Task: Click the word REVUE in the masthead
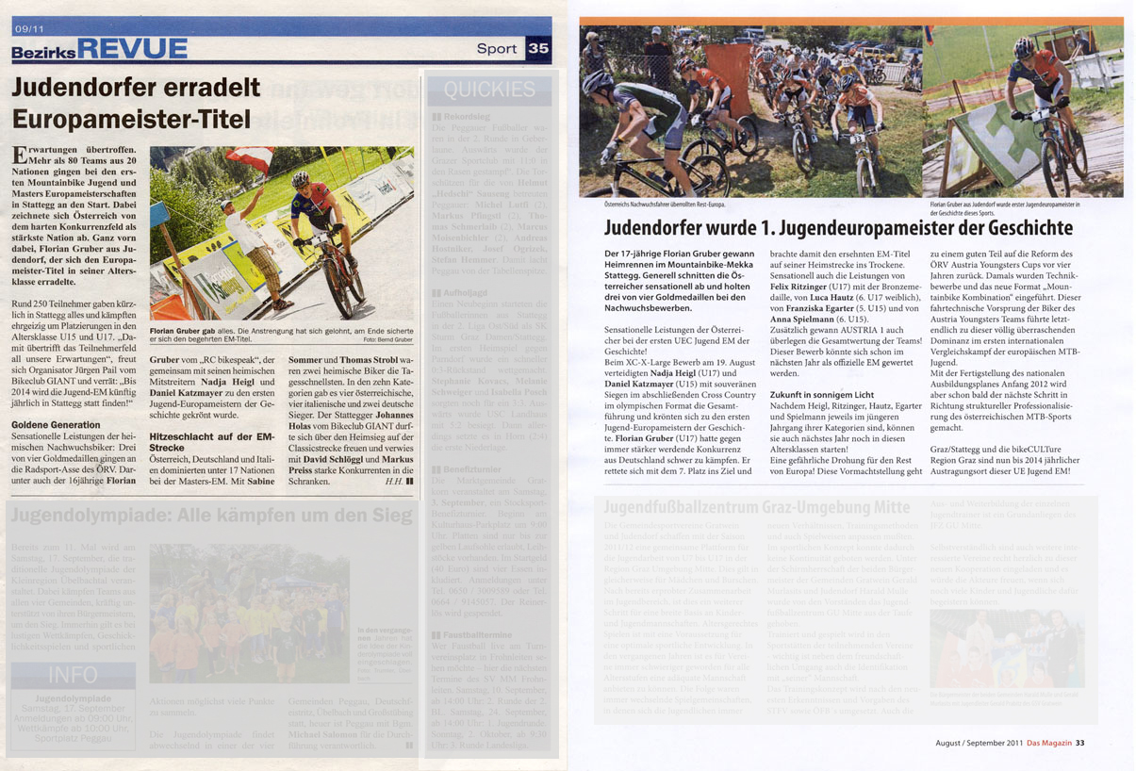pos(132,49)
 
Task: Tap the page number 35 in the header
pos(538,49)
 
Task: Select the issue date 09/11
pos(28,28)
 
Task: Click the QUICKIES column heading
pos(488,90)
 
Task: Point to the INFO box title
pos(73,675)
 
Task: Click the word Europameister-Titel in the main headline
pos(131,120)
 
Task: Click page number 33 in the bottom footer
pos(1080,743)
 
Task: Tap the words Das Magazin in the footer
pos(1049,743)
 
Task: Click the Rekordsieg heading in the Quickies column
pos(468,117)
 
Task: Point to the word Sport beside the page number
pos(497,49)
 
